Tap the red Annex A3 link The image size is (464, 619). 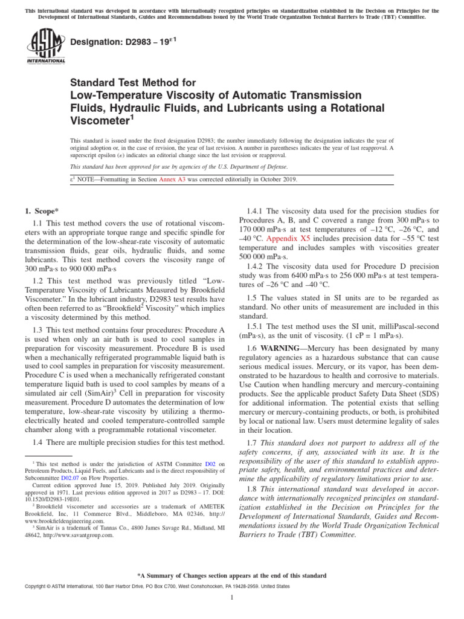point(173,180)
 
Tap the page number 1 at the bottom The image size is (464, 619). point(232,597)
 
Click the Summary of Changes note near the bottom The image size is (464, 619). point(232,575)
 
